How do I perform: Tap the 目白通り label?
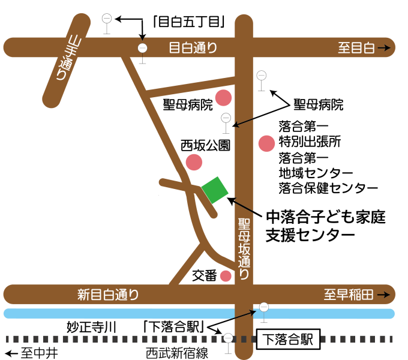click(193, 48)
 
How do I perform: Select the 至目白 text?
click(356, 48)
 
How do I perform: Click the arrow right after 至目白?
click(385, 48)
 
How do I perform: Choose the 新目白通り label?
click(109, 295)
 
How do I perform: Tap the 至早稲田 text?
click(349, 295)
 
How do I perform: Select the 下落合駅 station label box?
click(288, 339)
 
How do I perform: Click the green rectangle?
click(215, 190)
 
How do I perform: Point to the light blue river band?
click(120, 313)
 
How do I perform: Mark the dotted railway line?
click(120, 338)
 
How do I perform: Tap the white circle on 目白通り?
click(142, 48)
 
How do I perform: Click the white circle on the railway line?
click(228, 338)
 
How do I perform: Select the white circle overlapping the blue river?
click(264, 307)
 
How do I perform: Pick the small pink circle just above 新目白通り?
click(226, 276)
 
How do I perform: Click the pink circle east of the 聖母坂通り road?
click(266, 143)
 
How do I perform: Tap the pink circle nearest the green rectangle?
click(194, 162)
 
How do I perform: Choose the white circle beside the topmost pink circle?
click(261, 75)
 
